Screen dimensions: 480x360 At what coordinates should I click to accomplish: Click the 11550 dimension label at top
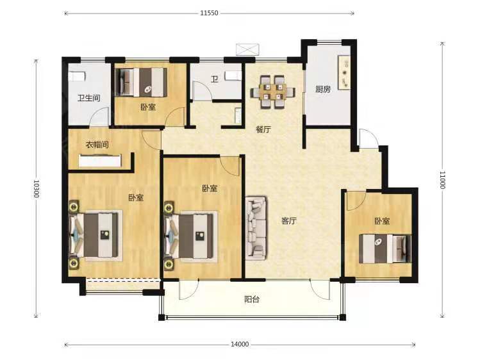(209, 13)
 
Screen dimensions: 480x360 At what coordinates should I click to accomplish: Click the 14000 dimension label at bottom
(240, 345)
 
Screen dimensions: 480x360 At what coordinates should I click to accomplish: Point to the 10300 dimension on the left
(36, 188)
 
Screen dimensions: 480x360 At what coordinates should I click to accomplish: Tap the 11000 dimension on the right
(442, 180)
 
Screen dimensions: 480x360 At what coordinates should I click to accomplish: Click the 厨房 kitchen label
(323, 89)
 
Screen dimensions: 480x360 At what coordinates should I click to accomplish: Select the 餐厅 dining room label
(263, 129)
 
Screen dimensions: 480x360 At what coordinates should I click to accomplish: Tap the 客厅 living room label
(289, 221)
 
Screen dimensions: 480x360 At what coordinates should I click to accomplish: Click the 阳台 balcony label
(252, 299)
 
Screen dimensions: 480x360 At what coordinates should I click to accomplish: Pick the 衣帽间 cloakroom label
(97, 144)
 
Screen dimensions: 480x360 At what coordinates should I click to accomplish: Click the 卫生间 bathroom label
(89, 98)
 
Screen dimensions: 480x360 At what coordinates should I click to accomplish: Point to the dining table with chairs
(273, 92)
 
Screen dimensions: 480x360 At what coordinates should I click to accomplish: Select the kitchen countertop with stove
(343, 72)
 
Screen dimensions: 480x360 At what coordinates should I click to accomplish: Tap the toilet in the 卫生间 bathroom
(76, 76)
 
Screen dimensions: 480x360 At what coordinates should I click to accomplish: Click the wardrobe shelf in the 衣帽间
(100, 161)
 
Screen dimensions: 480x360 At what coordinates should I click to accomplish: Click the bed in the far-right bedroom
(385, 249)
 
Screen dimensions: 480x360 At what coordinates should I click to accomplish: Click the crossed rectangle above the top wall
(247, 49)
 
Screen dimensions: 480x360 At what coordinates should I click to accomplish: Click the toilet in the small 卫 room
(233, 76)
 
